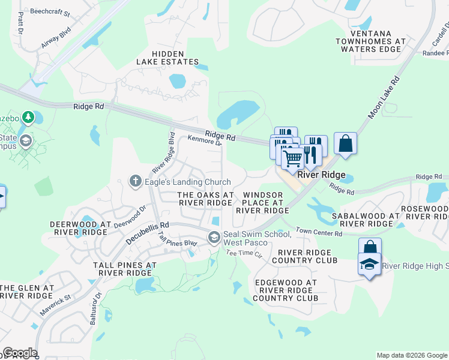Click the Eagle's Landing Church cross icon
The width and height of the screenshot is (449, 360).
coord(136,180)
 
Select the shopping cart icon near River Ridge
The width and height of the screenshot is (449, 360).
coord(292,158)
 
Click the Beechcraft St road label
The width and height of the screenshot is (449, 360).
coord(50,13)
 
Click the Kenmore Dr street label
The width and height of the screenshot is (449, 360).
coord(205,140)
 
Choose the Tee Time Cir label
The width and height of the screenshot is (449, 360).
coord(244,254)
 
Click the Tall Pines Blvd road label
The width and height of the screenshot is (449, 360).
coord(177,239)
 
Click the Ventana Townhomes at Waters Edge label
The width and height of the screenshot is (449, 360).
coord(370,41)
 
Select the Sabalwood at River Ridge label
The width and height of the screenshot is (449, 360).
coord(365,219)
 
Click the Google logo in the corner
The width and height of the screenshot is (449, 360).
coord(20,353)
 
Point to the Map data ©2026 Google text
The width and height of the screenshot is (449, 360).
coord(411,355)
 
